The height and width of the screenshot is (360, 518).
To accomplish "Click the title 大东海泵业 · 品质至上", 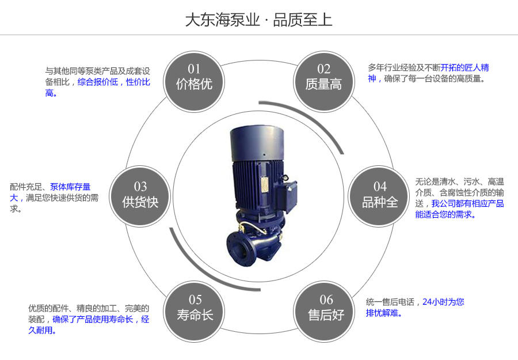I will tap(258, 20).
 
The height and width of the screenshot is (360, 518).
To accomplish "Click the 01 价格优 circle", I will tap(194, 78).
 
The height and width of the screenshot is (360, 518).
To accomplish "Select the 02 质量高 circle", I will tap(323, 78).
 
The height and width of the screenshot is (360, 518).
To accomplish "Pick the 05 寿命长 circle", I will tap(195, 308).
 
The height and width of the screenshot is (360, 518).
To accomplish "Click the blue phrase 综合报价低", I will tap(97, 82).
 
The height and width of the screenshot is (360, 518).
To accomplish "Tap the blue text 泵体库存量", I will tap(70, 187).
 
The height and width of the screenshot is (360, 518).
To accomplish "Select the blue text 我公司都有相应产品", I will tap(467, 203).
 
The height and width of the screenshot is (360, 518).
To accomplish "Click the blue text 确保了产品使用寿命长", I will tap(93, 319).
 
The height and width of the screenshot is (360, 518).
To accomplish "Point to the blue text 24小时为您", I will tap(443, 301).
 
